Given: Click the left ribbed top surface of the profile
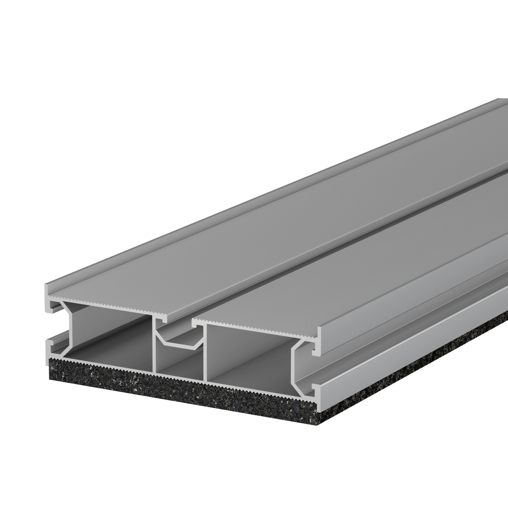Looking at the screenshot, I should [237, 237].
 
